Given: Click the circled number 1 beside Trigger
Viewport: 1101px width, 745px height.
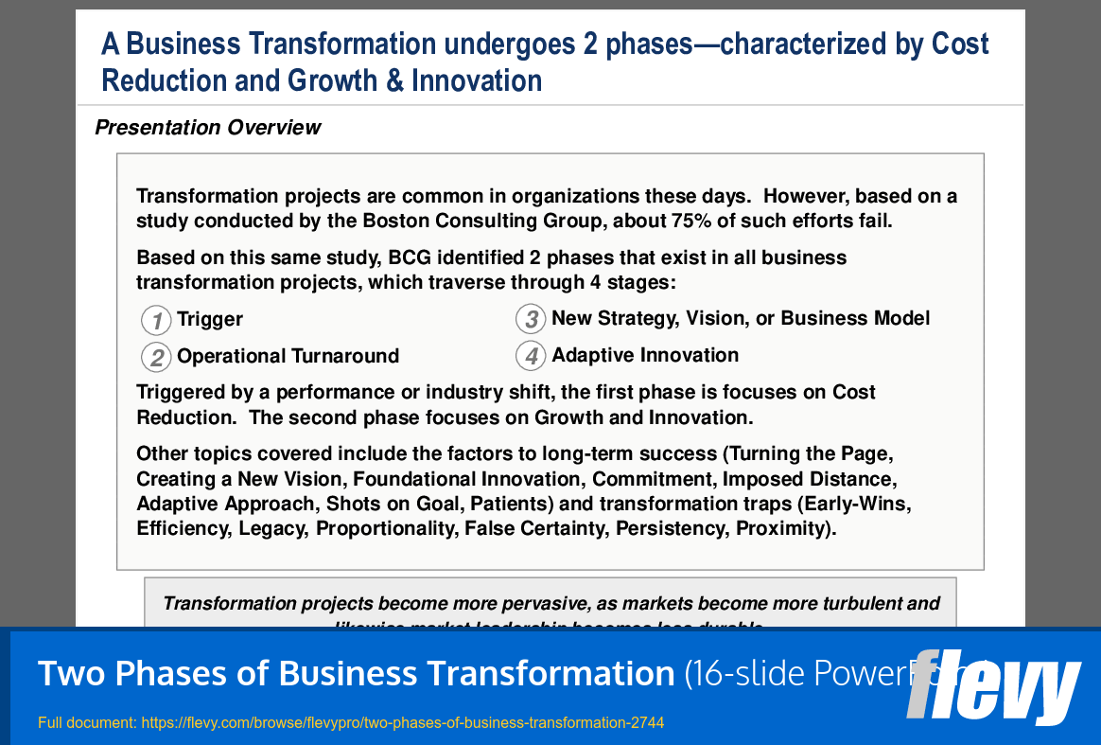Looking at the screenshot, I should (156, 320).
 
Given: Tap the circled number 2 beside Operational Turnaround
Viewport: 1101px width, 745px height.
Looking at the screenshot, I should (156, 357).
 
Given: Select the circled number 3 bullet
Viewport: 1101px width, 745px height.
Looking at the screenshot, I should (531, 319).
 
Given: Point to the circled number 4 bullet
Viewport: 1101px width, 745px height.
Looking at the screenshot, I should (531, 356).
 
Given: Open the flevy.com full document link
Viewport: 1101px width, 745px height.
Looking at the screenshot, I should (402, 723).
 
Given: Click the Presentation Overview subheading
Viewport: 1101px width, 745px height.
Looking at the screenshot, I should (208, 128).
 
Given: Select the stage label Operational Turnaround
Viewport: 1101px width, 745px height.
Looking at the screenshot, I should (288, 356).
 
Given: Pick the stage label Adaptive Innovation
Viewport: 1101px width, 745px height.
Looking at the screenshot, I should (645, 355).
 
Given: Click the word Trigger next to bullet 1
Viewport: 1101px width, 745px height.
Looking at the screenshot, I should (210, 320).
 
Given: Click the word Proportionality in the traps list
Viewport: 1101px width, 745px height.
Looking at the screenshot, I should (387, 528).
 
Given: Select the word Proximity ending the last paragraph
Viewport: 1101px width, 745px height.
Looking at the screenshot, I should (783, 528).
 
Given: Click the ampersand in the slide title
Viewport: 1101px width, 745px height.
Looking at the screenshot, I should (394, 81).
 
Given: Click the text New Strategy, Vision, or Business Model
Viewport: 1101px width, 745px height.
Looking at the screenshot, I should (741, 319).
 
